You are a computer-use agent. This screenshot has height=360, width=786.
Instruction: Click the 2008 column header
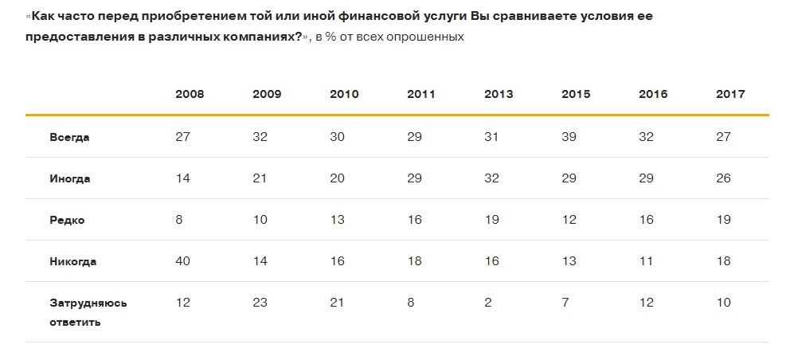(190, 94)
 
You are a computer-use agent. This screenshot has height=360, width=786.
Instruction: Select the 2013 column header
(499, 94)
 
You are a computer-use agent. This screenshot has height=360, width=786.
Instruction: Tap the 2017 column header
(730, 94)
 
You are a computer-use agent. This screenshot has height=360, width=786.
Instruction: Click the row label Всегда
(69, 137)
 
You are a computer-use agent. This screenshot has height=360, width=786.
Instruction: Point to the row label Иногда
(70, 178)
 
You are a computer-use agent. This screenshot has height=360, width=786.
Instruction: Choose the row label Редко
(67, 220)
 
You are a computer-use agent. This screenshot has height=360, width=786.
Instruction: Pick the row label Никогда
(72, 261)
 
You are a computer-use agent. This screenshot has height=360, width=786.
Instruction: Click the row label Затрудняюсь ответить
(88, 312)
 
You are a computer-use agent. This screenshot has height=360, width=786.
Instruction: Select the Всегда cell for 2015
(569, 137)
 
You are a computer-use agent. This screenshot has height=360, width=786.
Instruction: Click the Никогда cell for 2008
(182, 261)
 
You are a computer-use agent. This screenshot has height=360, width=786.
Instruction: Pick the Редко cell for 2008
(178, 220)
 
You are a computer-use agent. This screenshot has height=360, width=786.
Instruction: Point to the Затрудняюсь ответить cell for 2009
(260, 303)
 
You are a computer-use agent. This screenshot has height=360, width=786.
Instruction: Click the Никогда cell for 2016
(645, 261)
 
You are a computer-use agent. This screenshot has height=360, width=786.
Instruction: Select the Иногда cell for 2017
(723, 178)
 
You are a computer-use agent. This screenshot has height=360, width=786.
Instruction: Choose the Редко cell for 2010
(337, 220)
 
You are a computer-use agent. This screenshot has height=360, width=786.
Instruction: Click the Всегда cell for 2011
(414, 137)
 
